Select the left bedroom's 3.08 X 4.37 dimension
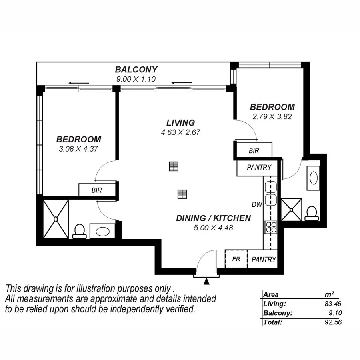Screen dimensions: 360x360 pos(78,149)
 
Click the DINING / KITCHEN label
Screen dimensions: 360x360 pos(213,218)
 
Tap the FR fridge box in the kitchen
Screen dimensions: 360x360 pos(236,259)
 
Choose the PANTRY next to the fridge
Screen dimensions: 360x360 pos(264,259)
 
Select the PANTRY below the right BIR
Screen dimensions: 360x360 pos(259,168)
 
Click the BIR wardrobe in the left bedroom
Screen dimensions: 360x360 pos(96,190)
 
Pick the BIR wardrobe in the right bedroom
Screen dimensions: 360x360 pos(254,151)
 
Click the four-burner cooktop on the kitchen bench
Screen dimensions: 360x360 pos(271,227)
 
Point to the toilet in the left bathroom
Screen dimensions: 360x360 pos(79,231)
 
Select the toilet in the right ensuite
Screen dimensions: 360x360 pos(312,213)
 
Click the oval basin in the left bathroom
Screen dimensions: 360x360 pos(102,232)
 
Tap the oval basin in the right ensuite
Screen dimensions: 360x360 pos(313,178)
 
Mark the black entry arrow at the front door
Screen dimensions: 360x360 pos(206,282)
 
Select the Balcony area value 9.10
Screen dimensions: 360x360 pos(334,313)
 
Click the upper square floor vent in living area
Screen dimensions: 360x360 pos(173,166)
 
